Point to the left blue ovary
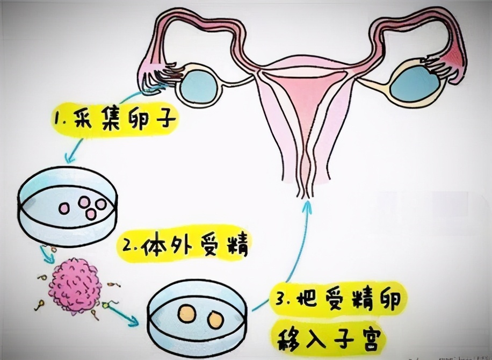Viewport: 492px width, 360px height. (199, 83)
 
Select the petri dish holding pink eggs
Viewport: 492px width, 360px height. (67, 207)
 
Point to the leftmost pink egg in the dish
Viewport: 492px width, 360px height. (63, 207)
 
